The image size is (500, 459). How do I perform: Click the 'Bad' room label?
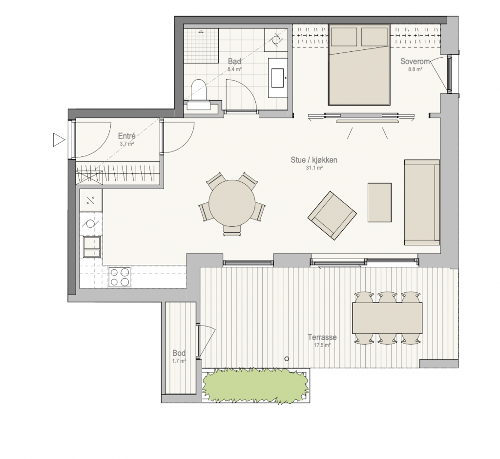[x=234, y=61]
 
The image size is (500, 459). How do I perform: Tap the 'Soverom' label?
[x=415, y=61]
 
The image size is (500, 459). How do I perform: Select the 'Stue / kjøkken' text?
[x=314, y=160]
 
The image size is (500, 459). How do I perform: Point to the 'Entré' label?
[x=126, y=136]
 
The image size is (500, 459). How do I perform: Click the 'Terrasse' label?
[x=322, y=337]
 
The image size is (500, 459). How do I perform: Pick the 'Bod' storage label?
[x=179, y=353]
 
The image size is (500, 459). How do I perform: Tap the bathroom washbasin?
[x=277, y=78]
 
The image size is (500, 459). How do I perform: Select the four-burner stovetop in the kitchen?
[x=120, y=277]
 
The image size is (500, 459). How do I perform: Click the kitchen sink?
[x=92, y=247]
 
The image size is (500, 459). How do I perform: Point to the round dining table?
[x=232, y=203]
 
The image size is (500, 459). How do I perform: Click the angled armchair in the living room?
[x=332, y=216]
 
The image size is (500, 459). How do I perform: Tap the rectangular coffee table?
[x=379, y=202]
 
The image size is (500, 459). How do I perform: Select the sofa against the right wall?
[x=422, y=202]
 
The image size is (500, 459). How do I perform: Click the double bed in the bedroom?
[x=359, y=65]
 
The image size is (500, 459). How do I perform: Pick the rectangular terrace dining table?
[x=387, y=318]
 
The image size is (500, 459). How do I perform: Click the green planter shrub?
[x=255, y=385]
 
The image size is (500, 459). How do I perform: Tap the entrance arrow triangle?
[x=59, y=140]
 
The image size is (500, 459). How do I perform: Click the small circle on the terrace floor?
[x=287, y=359]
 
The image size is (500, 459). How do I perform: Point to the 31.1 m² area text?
[x=314, y=168]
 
